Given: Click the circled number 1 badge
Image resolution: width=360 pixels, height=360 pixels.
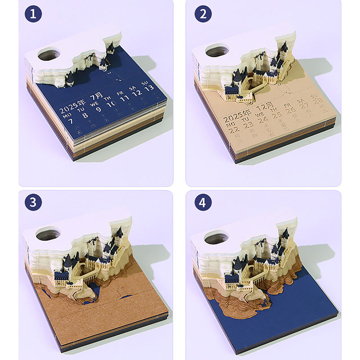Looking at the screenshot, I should pos(33,14).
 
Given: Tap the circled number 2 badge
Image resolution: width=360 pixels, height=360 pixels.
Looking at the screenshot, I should pos(203,14).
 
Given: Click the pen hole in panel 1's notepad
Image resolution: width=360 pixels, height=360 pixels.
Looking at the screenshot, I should pos(49,55).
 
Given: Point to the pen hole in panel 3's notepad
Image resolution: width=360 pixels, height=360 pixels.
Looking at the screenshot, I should pos(48,234).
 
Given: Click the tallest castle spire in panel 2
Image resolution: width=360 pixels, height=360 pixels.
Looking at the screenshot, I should pos(284,45).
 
